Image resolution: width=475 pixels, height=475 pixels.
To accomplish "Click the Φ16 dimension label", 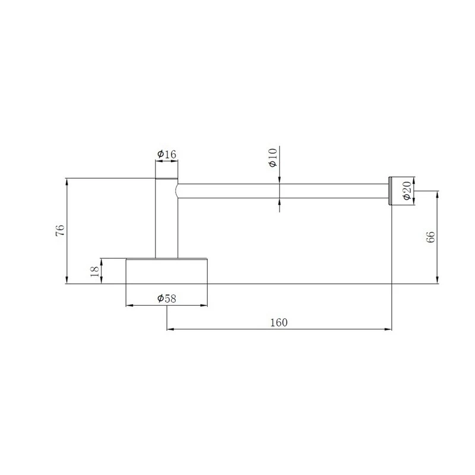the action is coord(166,154).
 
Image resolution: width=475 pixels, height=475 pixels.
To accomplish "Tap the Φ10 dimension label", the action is coord(273,157).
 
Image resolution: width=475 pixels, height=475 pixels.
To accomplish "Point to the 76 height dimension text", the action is coord(60,230).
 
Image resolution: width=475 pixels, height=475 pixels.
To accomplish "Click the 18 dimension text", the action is coord(94,271).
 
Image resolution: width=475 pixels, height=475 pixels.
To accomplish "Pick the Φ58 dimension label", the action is coord(166,299).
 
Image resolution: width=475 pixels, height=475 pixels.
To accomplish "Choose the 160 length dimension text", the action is coord(278,322).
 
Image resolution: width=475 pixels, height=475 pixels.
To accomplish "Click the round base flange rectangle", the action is coord(167,271).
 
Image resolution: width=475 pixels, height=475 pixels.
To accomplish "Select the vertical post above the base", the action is coord(167,218).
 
